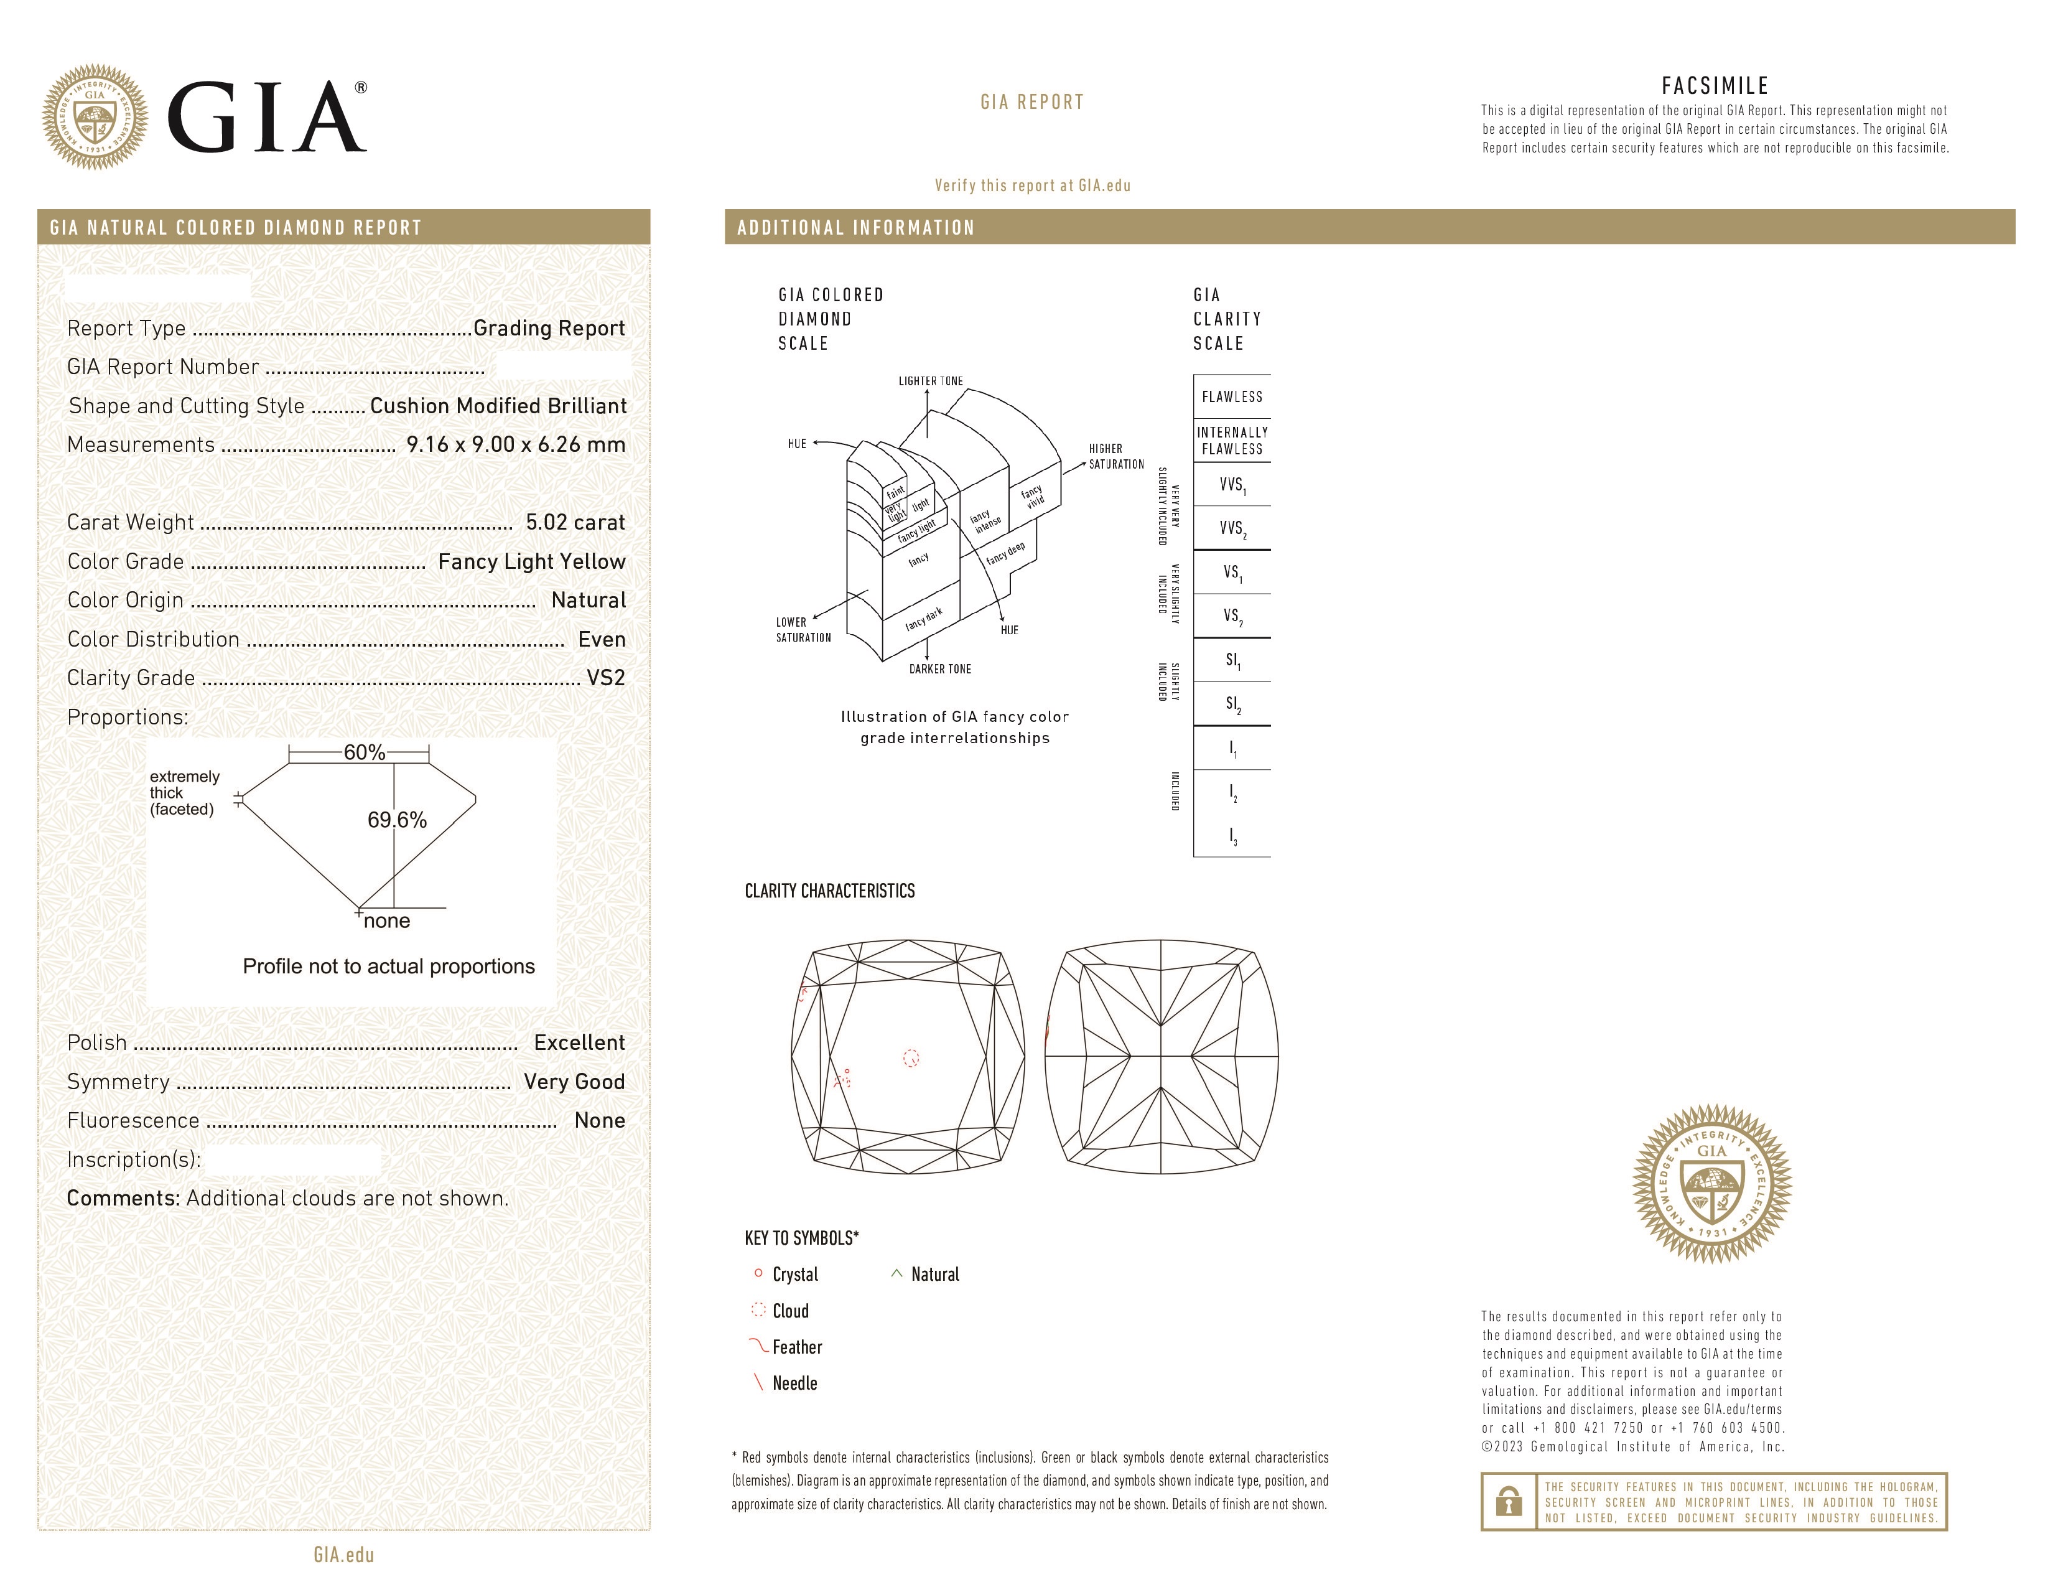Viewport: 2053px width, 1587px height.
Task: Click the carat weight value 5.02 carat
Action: coord(574,523)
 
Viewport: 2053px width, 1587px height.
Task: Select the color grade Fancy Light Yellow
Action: coord(531,562)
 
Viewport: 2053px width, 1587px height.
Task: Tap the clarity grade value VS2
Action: coord(605,678)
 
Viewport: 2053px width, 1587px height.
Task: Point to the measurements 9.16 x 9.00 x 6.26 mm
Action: coord(515,445)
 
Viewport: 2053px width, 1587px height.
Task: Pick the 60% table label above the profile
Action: coord(364,753)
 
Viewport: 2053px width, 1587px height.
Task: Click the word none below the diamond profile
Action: coord(386,921)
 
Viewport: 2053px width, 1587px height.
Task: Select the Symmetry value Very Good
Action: coord(574,1082)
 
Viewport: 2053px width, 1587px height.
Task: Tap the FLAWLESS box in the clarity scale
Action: coord(1231,397)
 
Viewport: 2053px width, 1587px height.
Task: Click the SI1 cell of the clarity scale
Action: coord(1231,661)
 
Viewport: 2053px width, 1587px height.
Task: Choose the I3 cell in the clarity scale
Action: coord(1231,836)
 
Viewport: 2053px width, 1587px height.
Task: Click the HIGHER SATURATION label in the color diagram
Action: coord(1116,457)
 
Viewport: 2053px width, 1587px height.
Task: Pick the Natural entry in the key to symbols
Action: coord(934,1275)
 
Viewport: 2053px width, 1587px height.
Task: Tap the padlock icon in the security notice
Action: coord(1509,1502)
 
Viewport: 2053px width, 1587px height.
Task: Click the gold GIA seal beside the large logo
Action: coord(94,118)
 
